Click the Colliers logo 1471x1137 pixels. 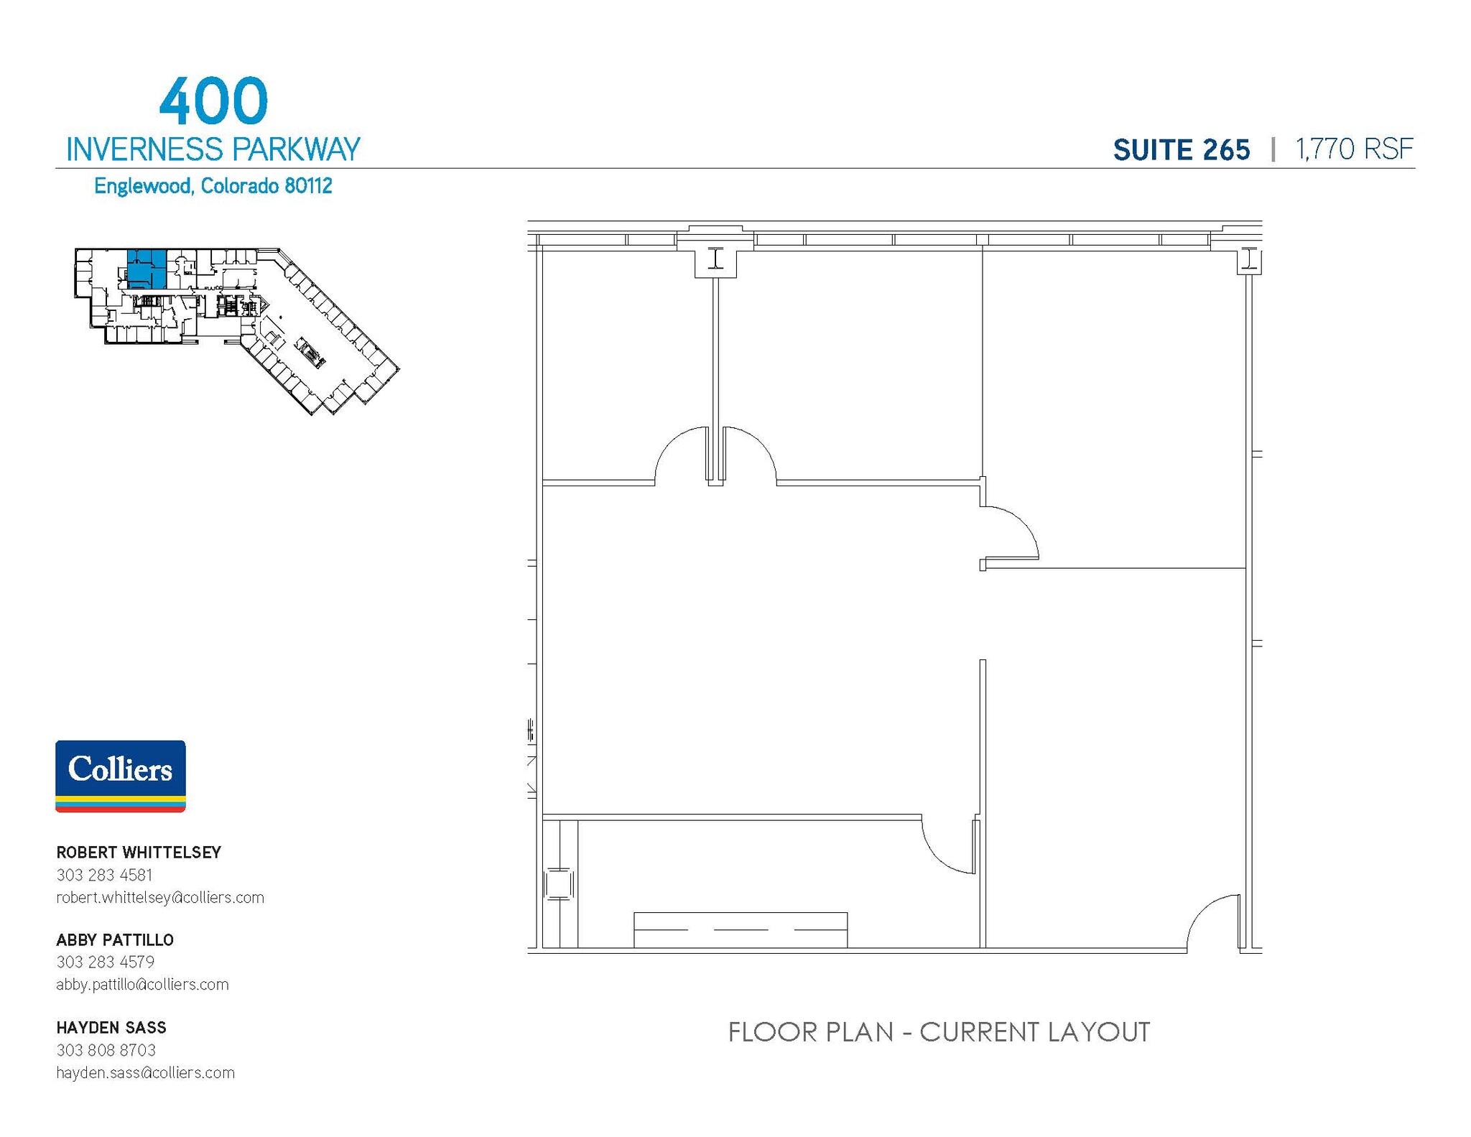click(x=121, y=776)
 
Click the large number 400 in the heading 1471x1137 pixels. click(x=213, y=101)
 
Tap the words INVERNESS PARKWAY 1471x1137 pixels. click(x=213, y=149)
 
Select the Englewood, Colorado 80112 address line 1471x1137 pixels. click(x=213, y=186)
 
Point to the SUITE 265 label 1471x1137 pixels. click(x=1181, y=150)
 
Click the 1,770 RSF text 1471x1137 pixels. click(x=1354, y=149)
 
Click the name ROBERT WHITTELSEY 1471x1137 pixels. click(x=139, y=853)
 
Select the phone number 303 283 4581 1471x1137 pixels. click(x=104, y=875)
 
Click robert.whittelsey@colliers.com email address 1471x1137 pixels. click(x=160, y=897)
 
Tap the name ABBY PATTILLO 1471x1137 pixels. click(x=115, y=940)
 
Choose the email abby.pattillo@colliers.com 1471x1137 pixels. click(x=142, y=984)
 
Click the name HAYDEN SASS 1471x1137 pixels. click(x=111, y=1028)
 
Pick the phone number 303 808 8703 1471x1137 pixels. click(x=106, y=1050)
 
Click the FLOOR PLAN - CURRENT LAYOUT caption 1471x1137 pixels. click(x=939, y=1032)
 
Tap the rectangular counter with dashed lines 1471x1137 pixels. click(x=740, y=929)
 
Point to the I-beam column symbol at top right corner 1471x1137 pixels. click(x=1250, y=259)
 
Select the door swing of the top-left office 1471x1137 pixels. click(x=682, y=454)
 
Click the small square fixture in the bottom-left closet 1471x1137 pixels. click(x=558, y=883)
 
